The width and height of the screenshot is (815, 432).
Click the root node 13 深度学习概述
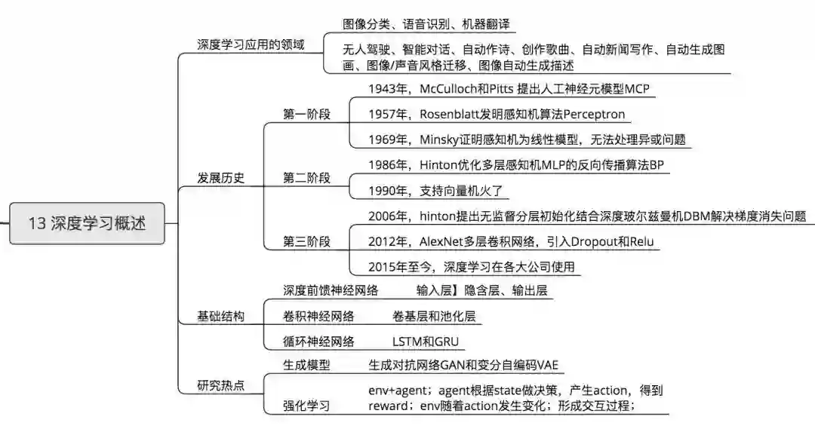click(87, 223)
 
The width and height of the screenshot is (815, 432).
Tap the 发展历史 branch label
click(220, 179)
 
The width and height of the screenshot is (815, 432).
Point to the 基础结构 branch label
click(220, 317)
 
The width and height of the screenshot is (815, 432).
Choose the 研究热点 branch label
click(220, 386)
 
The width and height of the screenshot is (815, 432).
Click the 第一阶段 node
click(306, 115)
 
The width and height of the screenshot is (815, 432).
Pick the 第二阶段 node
click(306, 179)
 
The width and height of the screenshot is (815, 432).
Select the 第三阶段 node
click(306, 242)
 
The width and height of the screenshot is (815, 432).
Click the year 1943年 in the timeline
click(387, 90)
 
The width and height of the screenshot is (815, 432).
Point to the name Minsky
click(438, 139)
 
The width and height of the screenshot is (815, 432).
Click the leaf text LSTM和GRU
click(425, 342)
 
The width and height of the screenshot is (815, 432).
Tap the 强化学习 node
click(306, 406)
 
